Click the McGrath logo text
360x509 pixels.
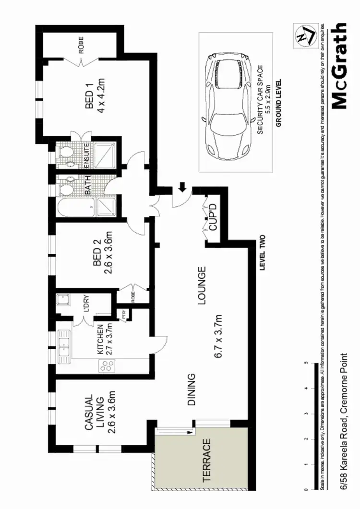tap(339, 66)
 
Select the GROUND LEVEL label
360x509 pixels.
tap(278, 103)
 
